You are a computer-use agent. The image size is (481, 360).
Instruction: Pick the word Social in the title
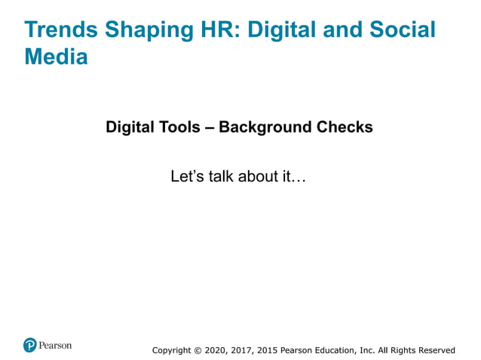tap(400, 30)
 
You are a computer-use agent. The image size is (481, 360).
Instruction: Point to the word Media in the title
tap(56, 56)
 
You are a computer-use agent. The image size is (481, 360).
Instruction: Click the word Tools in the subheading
tap(184, 127)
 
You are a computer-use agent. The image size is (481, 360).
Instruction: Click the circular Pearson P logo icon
tap(30, 346)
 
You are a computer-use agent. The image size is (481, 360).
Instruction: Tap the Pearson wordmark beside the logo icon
tap(56, 346)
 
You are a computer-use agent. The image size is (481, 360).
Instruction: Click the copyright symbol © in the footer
tap(198, 350)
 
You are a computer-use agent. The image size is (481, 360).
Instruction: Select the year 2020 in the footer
tap(216, 350)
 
